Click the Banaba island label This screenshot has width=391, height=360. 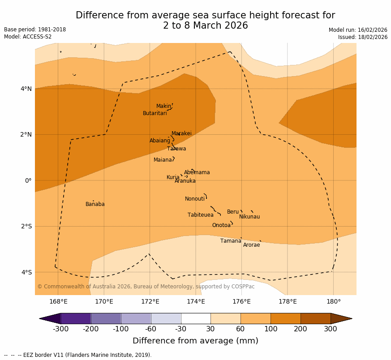(95, 204)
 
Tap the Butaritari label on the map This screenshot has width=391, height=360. (155, 113)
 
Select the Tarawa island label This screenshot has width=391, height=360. (176, 149)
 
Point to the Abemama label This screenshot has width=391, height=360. (197, 172)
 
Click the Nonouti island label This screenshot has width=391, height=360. (194, 199)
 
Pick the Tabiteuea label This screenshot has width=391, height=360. (200, 215)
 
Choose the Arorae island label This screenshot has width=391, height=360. (251, 245)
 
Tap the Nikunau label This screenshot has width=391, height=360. (249, 217)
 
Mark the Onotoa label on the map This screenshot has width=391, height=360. (221, 225)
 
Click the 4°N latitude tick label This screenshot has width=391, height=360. (26, 89)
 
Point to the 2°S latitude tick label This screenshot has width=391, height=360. (26, 226)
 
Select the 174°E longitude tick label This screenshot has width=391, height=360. (196, 301)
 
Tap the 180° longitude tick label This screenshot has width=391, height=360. (333, 301)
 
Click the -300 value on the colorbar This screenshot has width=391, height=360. (60, 329)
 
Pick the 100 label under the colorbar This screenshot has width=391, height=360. (271, 329)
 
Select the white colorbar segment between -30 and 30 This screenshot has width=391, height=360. (196, 318)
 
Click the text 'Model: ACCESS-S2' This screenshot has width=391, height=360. (28, 37)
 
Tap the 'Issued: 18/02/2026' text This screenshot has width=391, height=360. (363, 37)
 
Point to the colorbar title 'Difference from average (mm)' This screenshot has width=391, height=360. (195, 341)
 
